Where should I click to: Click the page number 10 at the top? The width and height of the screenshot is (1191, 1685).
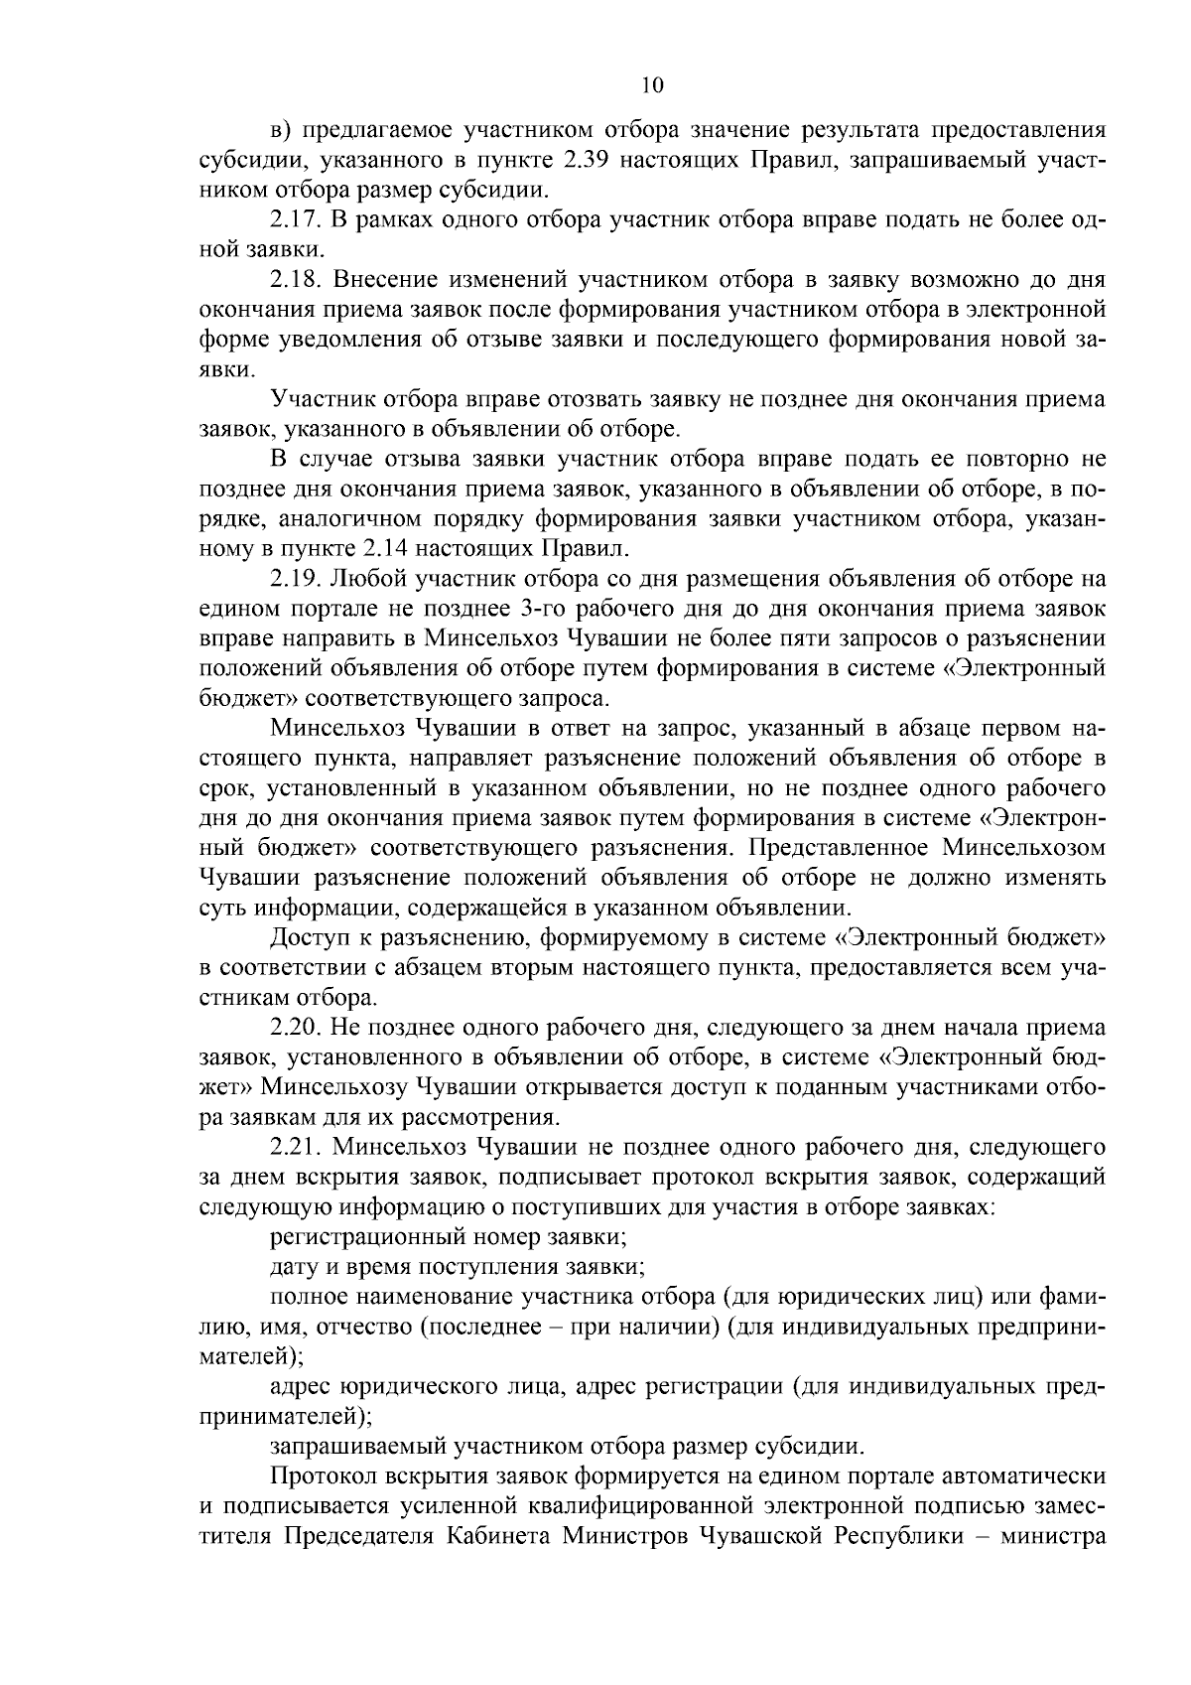(652, 85)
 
